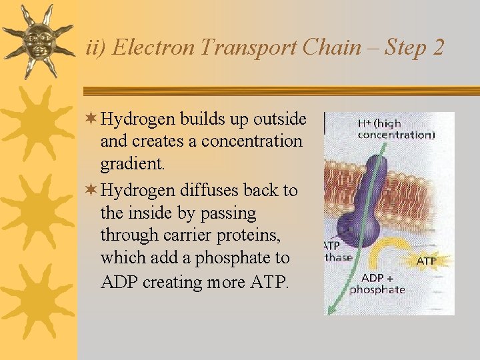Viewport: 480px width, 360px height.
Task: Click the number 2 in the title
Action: point(437,48)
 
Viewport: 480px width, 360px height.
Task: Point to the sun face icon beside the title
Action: point(38,40)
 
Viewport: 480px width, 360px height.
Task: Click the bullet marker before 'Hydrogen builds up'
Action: point(91,119)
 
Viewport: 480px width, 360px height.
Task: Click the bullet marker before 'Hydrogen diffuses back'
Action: point(91,191)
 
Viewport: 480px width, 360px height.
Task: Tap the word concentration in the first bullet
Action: point(251,141)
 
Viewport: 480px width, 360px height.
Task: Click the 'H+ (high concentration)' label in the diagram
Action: point(395,129)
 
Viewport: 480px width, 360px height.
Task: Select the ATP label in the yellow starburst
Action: point(427,261)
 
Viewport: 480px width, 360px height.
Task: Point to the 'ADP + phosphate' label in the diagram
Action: point(377,283)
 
